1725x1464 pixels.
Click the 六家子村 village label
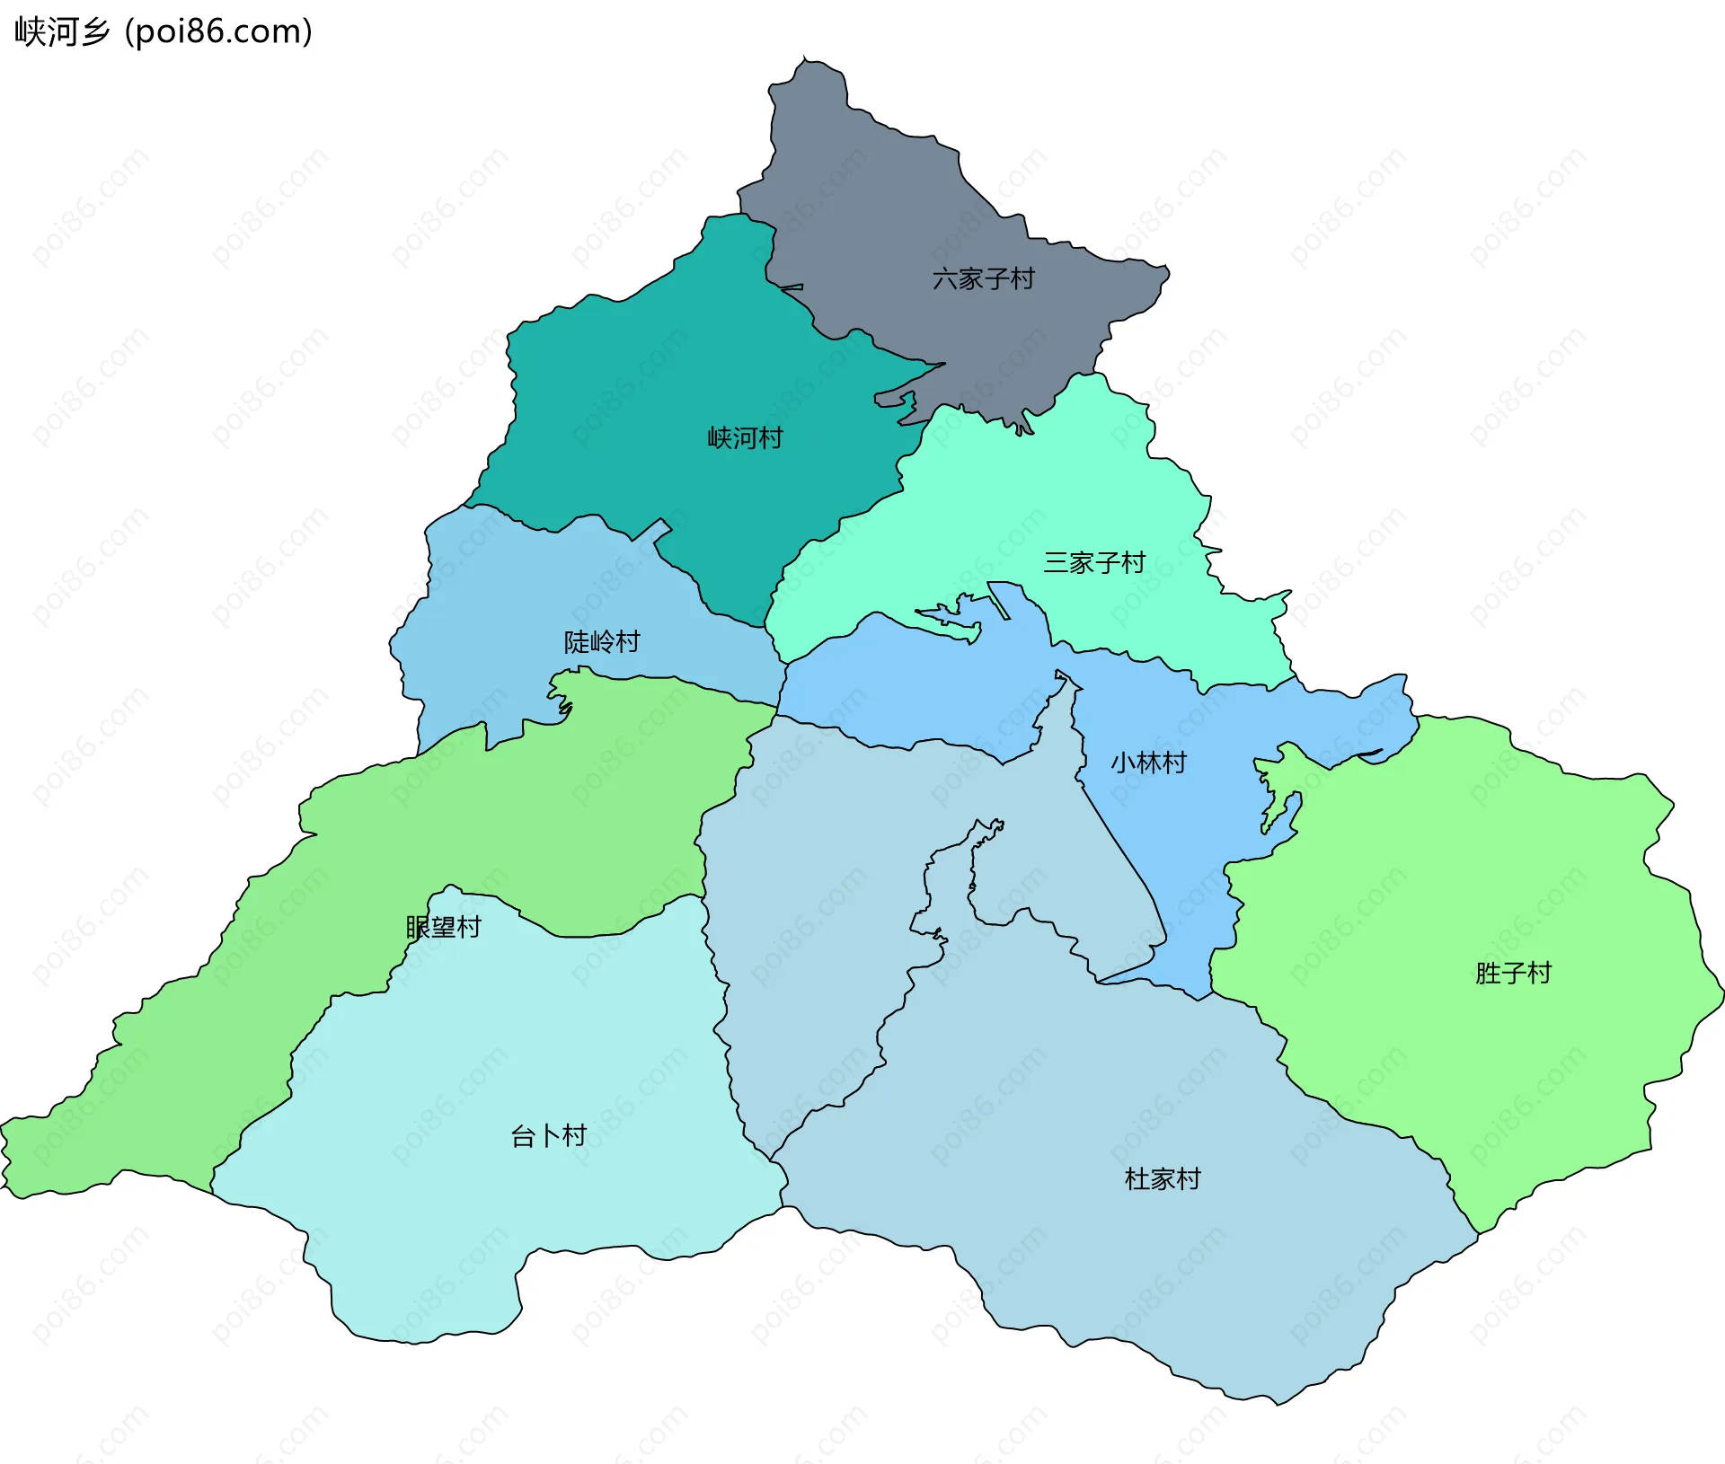tap(983, 279)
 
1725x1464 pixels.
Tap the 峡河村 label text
tap(745, 438)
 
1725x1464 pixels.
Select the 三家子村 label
tap(1093, 563)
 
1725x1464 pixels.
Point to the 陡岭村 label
tap(601, 642)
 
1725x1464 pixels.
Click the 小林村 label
tap(1148, 763)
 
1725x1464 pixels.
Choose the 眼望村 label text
tap(443, 927)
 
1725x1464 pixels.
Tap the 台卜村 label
tap(548, 1136)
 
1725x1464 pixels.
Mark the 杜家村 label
tap(1163, 1179)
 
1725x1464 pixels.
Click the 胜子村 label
tap(1513, 974)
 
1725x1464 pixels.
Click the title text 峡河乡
tap(61, 31)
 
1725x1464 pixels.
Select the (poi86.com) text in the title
tap(218, 31)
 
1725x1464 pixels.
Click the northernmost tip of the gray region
tap(805, 57)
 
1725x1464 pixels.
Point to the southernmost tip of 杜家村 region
tap(1276, 1404)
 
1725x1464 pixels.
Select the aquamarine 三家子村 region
tap(1033, 503)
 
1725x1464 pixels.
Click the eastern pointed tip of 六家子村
tap(1168, 269)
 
